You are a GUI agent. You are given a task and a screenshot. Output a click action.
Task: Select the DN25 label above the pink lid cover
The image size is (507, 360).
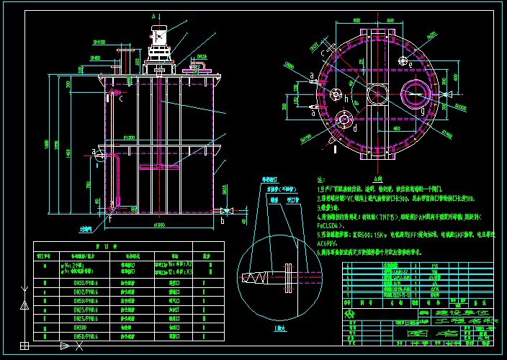pyautogui.click(x=202, y=55)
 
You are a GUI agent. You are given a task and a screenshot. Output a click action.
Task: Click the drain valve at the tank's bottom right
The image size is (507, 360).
pyautogui.click(x=228, y=210)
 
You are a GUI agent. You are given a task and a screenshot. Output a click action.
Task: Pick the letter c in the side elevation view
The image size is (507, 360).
pyautogui.click(x=120, y=99)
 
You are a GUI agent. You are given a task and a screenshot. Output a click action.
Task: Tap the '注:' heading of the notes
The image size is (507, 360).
pyautogui.click(x=320, y=179)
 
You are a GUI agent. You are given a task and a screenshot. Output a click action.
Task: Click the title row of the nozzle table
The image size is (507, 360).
pyautogui.click(x=130, y=246)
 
